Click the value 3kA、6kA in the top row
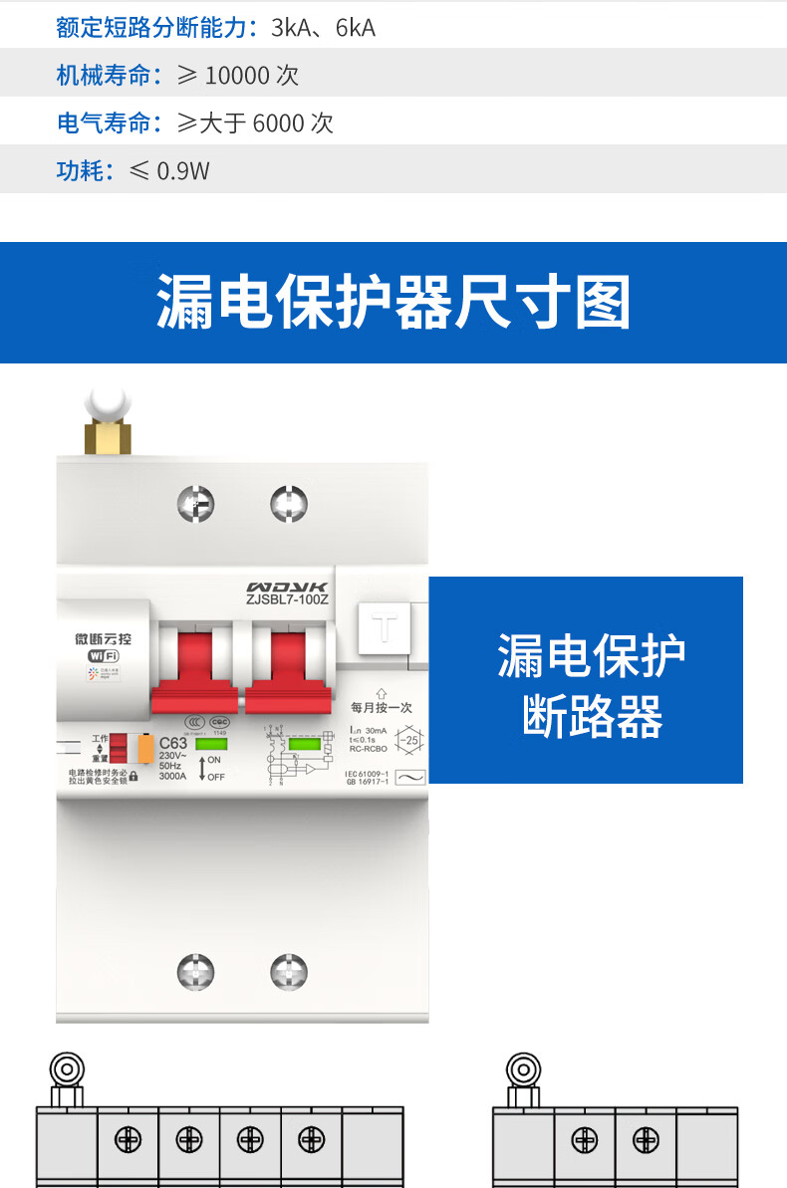323,28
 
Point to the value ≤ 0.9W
169,171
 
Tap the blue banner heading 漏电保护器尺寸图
393,303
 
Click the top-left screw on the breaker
196,504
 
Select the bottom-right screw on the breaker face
289,972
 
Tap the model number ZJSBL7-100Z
287,599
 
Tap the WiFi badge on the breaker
103,655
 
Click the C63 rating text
173,743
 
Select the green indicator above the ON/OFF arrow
209,743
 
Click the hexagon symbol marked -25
408,740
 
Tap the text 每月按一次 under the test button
382,708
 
